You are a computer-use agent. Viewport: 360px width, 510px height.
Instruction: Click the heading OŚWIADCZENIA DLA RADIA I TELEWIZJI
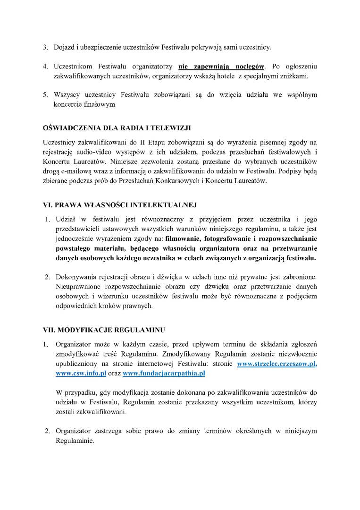pos(117,128)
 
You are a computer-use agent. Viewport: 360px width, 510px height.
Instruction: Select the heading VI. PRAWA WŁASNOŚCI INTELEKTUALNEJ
pos(119,205)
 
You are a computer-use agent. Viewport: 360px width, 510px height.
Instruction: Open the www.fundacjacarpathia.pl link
pos(164,373)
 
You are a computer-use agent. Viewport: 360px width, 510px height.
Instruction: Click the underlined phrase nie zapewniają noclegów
pos(222,66)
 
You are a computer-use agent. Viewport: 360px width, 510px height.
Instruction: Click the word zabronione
pos(298,277)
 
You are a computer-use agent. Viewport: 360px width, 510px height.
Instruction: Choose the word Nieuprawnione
pos(78,287)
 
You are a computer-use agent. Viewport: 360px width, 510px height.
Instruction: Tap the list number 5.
pos(46,95)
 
